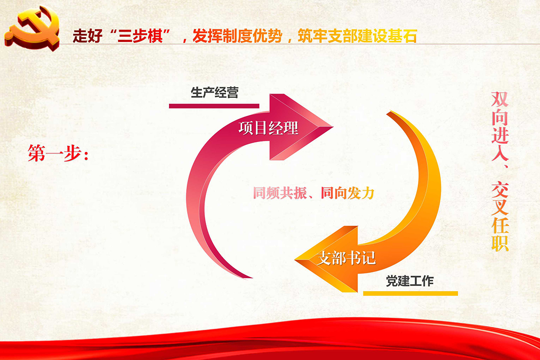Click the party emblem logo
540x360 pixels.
coord(32,27)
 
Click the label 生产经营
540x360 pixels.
coord(215,92)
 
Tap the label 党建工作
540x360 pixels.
coord(410,281)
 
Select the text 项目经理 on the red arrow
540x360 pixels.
coord(268,128)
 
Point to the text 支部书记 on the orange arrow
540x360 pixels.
coord(346,258)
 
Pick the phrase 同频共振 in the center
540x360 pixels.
coord(280,193)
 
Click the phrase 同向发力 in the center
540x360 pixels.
coord(347,193)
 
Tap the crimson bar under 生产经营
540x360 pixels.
coord(214,106)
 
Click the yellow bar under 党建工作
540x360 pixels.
coord(411,293)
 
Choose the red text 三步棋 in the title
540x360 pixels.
coord(140,36)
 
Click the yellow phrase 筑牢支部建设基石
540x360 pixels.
coord(358,36)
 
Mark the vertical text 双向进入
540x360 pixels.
coord(499,126)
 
